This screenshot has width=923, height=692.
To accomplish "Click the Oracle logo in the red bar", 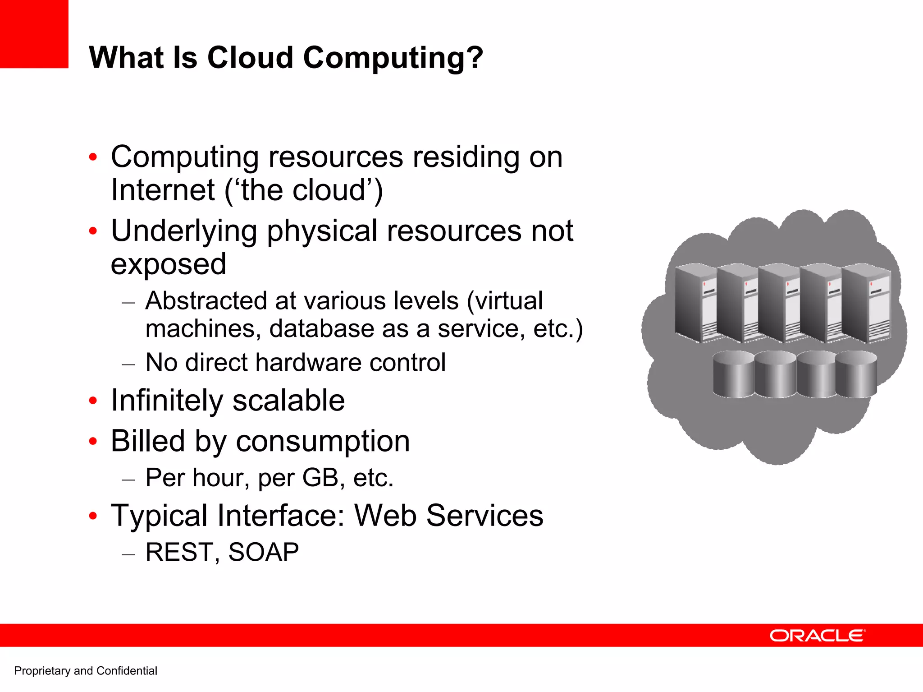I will (x=817, y=636).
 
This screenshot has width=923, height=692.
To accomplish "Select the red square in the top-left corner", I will (x=34, y=34).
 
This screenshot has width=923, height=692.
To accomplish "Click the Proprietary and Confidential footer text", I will (x=86, y=671).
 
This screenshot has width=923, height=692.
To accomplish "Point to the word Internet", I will (x=163, y=190).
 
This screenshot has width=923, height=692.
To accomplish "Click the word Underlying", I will (x=184, y=231).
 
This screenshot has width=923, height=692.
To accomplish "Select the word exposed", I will (x=168, y=264).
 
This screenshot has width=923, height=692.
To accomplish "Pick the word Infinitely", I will (x=167, y=401).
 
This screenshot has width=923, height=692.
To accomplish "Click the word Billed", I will (x=147, y=441).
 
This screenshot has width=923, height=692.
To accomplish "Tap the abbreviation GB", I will (x=320, y=478).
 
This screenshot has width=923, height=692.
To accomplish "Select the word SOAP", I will (x=263, y=552).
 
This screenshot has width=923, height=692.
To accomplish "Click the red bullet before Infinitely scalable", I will (x=93, y=401).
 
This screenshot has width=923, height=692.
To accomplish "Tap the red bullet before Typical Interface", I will (x=93, y=516).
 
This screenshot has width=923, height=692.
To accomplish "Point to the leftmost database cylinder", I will (x=733, y=374).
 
